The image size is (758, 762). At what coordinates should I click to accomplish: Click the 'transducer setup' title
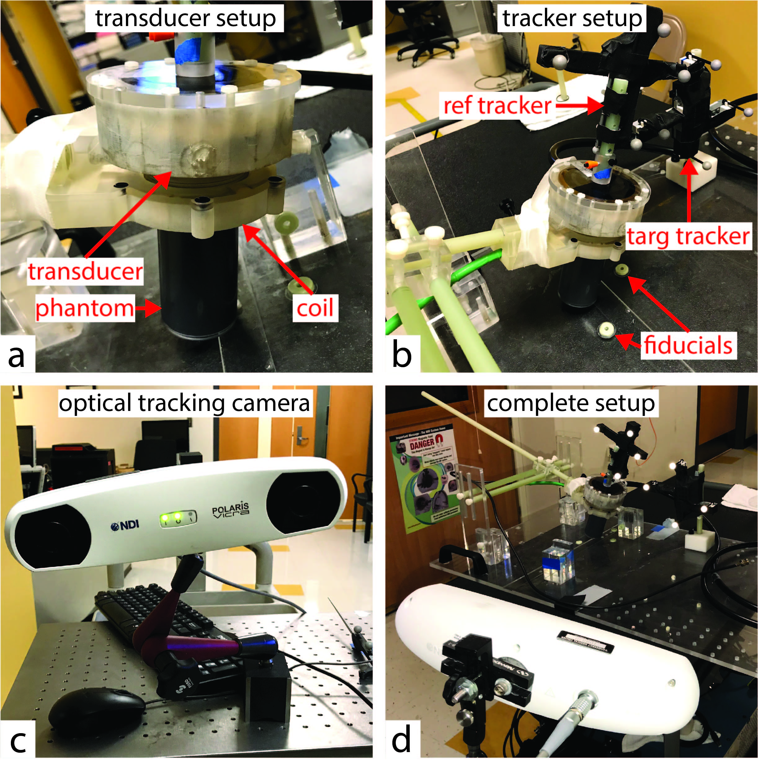pyautogui.click(x=185, y=19)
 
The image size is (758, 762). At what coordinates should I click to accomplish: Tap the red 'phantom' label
pyautogui.click(x=84, y=308)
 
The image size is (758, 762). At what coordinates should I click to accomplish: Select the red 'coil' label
pyautogui.click(x=315, y=308)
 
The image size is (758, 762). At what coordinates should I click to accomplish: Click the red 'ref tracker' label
pyautogui.click(x=497, y=106)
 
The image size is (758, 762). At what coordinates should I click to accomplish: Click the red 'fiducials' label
pyautogui.click(x=688, y=345)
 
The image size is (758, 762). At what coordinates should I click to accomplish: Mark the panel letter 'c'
pyautogui.click(x=18, y=741)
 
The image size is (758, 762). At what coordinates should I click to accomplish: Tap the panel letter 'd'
pyautogui.click(x=401, y=740)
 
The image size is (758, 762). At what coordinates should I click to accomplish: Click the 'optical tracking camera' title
pyautogui.click(x=185, y=403)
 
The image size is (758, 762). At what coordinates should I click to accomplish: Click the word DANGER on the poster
pyautogui.click(x=422, y=445)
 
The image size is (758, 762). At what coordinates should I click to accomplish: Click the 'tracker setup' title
pyautogui.click(x=572, y=19)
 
